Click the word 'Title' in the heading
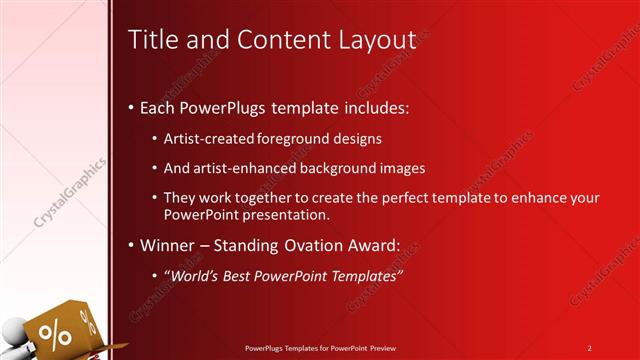tap(151, 40)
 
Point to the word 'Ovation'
tap(319, 245)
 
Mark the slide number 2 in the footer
tap(589, 348)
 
